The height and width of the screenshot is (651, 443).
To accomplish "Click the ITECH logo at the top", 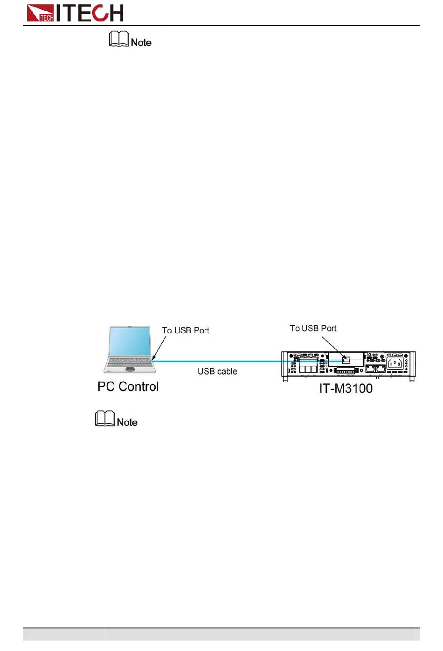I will pos(75,13).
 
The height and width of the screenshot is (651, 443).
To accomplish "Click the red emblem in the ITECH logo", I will pos(40,13).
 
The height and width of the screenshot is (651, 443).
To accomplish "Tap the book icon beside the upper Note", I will pos(119,39).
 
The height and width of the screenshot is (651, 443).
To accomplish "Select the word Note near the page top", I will pos(141,43).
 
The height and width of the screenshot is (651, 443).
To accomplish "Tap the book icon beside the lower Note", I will pos(105,418).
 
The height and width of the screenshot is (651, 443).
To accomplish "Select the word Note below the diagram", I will pos(127,423).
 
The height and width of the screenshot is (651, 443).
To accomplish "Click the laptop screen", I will pos(130,342).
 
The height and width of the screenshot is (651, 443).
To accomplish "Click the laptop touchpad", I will pos(130,369).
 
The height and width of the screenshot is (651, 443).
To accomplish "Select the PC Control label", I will pos(128,387).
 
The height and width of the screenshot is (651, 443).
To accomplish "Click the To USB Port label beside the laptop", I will pos(186,330).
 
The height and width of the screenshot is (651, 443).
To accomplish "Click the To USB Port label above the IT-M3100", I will pos(313,329).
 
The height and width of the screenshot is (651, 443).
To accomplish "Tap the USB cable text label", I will pos(217,371).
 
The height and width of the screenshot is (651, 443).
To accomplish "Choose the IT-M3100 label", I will pos(346,389).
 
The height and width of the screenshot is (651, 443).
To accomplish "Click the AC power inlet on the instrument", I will pos(395,363).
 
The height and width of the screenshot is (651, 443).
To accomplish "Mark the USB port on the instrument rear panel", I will pos(346,359).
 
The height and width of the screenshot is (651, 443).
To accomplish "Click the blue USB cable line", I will pos(219,361).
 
